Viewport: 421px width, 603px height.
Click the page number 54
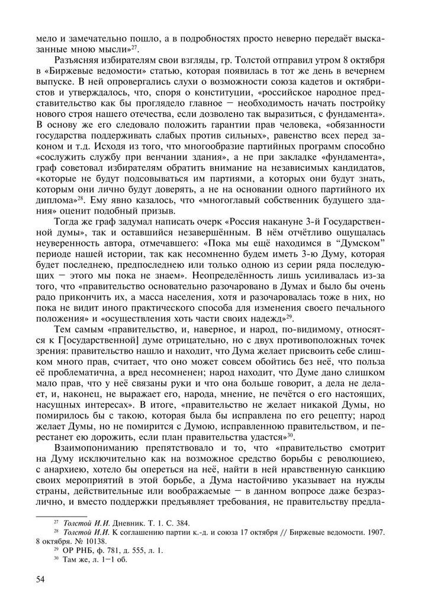(x=41, y=578)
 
